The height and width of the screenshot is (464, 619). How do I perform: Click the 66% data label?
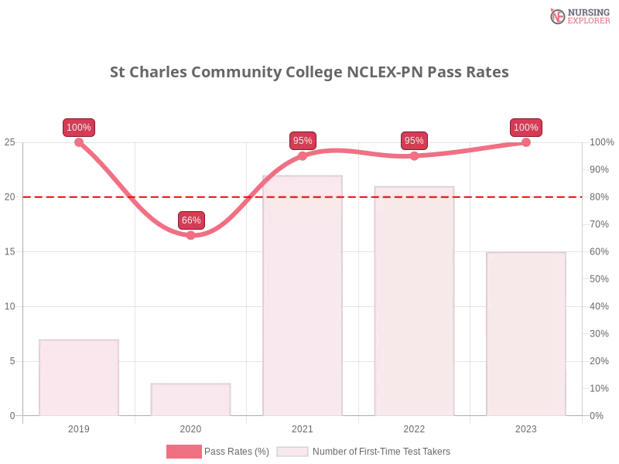[x=191, y=220]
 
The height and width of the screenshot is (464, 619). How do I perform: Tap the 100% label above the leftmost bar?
[x=79, y=128]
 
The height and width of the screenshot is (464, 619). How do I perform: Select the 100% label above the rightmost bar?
[x=526, y=128]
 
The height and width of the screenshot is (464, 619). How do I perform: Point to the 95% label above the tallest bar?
[x=303, y=141]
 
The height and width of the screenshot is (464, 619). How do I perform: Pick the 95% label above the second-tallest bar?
[x=414, y=141]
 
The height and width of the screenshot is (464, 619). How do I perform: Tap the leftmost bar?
[x=80, y=377]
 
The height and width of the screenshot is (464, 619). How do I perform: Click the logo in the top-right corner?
[x=578, y=16]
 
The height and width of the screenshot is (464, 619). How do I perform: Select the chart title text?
[x=309, y=73]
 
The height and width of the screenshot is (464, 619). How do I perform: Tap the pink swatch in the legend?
[x=183, y=452]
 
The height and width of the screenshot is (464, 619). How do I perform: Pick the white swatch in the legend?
[x=292, y=452]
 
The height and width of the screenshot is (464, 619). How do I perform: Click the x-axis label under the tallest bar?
[x=303, y=427]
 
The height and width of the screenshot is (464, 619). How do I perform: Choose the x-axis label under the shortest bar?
[x=191, y=427]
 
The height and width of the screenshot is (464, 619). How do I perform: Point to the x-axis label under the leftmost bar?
[x=80, y=427]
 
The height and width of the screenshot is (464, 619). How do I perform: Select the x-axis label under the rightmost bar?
[x=526, y=427]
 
